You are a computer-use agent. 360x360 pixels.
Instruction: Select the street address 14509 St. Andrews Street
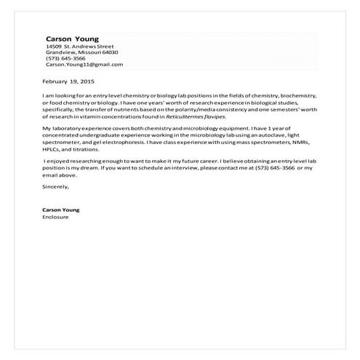tap(79, 47)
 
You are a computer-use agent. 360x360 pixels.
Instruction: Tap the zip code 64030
tap(110, 52)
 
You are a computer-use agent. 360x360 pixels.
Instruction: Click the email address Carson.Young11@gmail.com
tap(84, 64)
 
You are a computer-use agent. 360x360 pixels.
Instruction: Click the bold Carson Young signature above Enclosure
tap(61, 210)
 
